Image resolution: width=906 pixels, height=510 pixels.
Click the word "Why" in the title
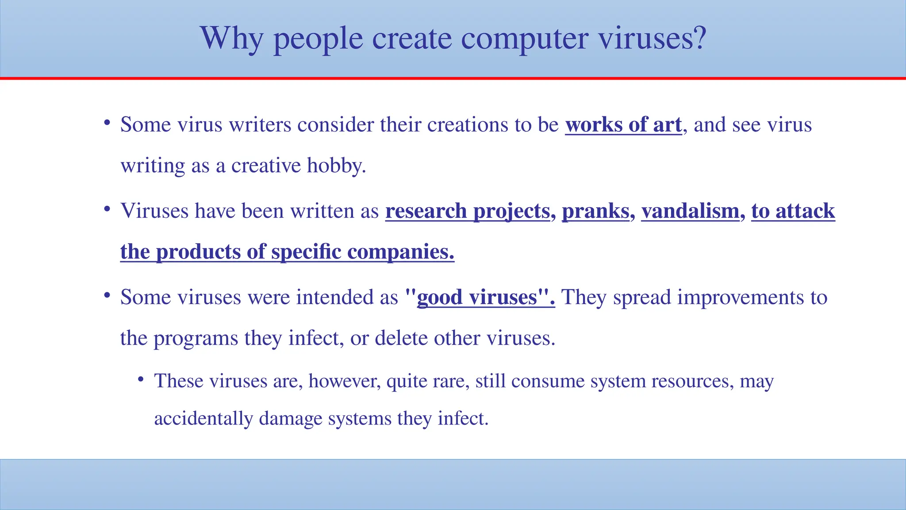click(232, 39)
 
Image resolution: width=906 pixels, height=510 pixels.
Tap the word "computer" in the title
click(524, 39)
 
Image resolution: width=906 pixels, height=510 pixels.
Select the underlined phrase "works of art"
click(623, 125)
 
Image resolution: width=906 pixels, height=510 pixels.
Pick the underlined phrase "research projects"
click(468, 211)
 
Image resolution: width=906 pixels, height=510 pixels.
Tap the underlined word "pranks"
click(595, 211)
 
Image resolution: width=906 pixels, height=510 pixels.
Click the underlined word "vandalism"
click(690, 211)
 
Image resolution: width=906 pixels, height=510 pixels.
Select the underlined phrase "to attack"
click(793, 211)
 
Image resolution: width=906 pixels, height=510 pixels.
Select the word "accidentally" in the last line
click(203, 419)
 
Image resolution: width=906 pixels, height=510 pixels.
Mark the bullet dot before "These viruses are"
click(141, 379)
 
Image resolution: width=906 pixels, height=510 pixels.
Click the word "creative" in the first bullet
click(266, 166)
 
